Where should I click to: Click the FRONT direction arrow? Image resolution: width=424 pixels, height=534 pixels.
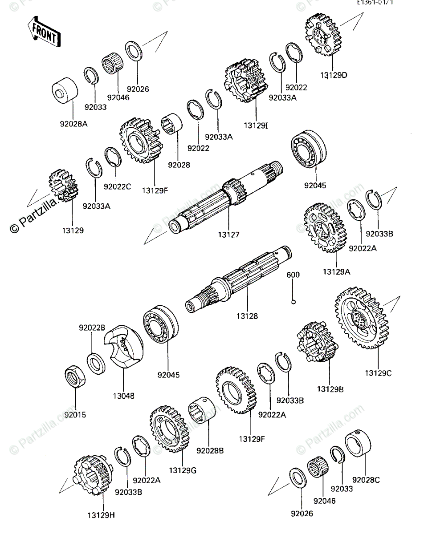44,33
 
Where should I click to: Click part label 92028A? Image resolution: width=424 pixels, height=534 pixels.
74,125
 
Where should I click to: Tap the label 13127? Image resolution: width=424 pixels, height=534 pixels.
228,234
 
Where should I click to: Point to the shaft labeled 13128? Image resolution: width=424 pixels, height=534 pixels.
241,285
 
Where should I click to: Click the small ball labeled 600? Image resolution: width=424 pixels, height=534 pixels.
293,303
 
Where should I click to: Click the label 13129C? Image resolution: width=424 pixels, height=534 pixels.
379,373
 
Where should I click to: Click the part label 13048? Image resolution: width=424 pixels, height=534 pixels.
123,395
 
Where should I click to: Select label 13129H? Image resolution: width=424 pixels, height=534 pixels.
102,515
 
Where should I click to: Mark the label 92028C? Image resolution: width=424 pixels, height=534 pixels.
366,480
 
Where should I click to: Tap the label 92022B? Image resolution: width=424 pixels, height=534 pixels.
92,328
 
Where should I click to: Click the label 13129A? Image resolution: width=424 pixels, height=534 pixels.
337,271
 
